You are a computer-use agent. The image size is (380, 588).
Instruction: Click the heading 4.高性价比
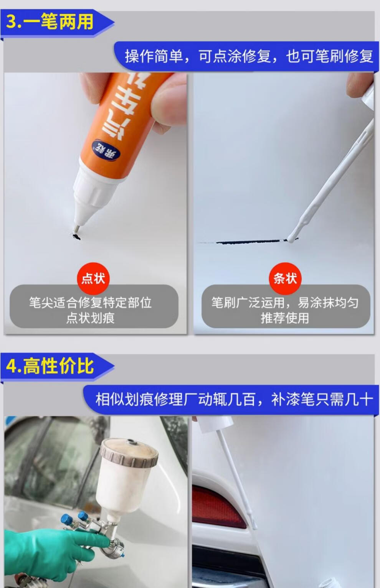pyautogui.click(x=50, y=366)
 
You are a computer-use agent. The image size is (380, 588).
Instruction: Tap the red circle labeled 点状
pyautogui.click(x=93, y=278)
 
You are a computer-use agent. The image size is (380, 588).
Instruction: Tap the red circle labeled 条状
pyautogui.click(x=285, y=278)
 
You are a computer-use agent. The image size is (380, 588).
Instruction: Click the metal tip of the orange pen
pyautogui.click(x=76, y=228)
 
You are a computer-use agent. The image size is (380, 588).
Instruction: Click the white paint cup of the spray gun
pyautogui.click(x=124, y=478)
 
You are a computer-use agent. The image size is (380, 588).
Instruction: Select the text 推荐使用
pyautogui.click(x=285, y=318)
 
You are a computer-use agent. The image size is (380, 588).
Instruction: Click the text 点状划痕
pyautogui.click(x=91, y=318)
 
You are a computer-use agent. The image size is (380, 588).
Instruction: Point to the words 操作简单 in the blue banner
pyautogui.click(x=154, y=56)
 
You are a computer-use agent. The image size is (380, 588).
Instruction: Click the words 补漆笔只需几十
pyautogui.click(x=322, y=399)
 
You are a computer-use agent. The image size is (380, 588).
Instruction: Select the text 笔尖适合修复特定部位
pyautogui.click(x=90, y=302)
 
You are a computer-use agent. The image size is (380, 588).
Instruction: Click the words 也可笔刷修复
pyautogui.click(x=330, y=56)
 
